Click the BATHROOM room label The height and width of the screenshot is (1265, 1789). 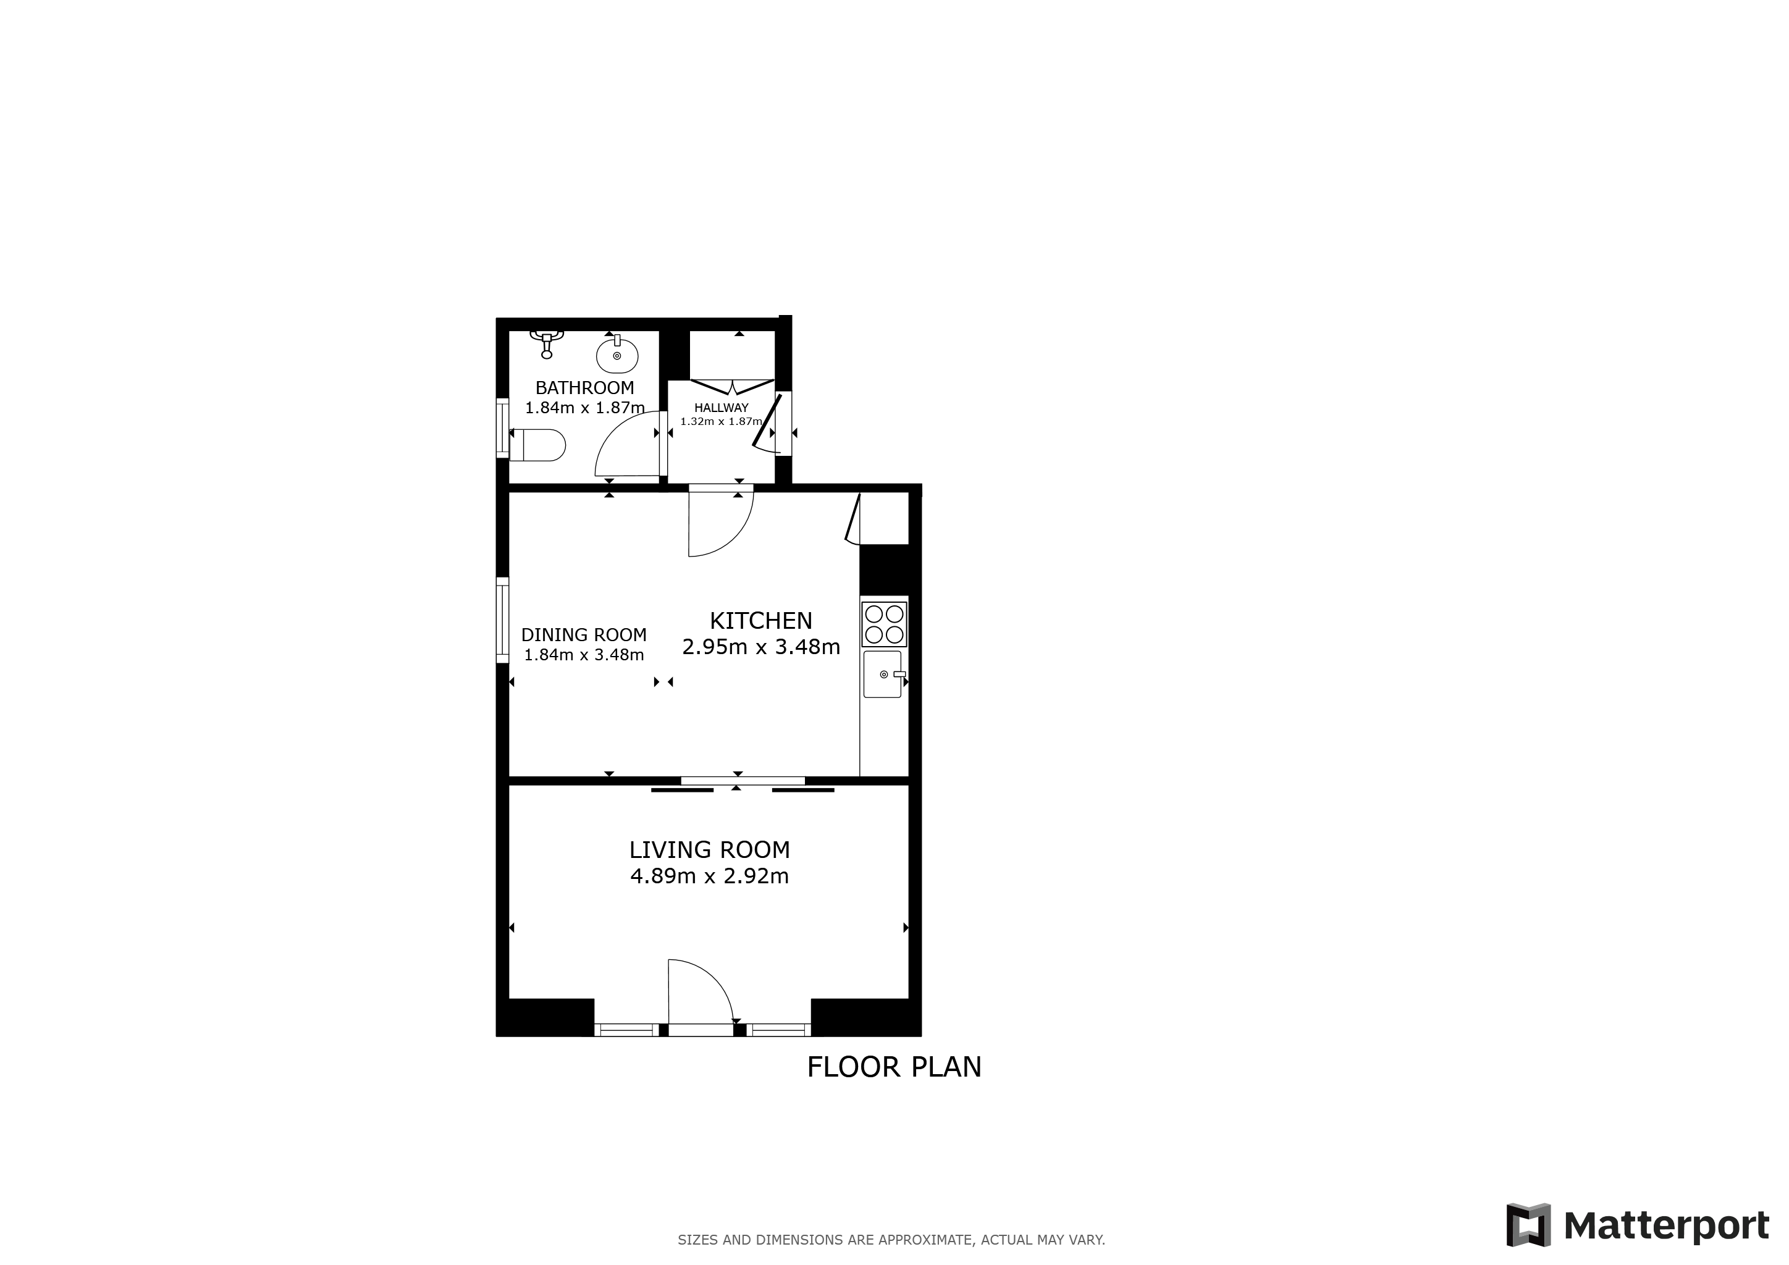[x=584, y=388]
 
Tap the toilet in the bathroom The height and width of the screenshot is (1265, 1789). [x=537, y=445]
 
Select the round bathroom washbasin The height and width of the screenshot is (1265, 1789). [x=617, y=355]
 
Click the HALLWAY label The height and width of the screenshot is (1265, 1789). [x=722, y=408]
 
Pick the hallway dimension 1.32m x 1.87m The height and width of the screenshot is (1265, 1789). [x=722, y=421]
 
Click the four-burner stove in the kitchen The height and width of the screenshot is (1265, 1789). [x=885, y=624]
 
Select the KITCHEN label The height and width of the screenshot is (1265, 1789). [x=760, y=621]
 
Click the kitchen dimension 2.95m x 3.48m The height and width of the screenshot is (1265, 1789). [x=761, y=647]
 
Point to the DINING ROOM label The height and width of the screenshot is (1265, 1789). [x=584, y=635]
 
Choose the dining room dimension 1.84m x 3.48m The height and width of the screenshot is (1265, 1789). [x=584, y=655]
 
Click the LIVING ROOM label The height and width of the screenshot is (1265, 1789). [x=710, y=850]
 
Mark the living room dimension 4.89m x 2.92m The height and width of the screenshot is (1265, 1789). [x=710, y=876]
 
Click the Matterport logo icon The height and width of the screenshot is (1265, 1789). [x=1528, y=1225]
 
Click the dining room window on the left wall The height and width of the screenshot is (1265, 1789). [x=503, y=620]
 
